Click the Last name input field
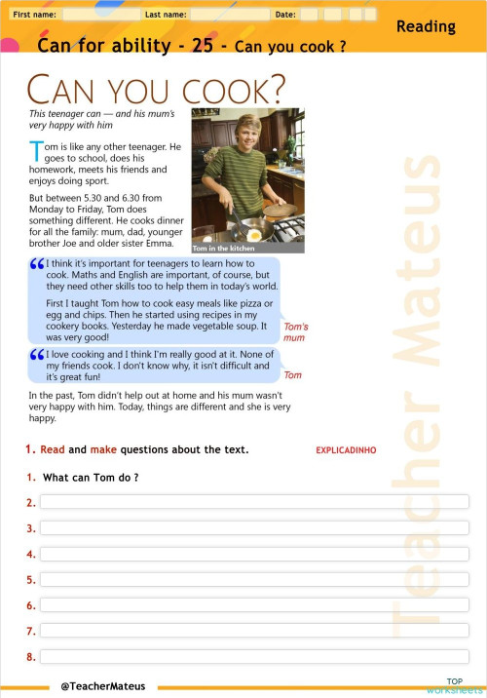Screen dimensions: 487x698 (230, 15)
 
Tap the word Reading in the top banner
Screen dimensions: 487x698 (426, 27)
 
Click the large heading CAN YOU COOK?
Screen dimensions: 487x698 (156, 90)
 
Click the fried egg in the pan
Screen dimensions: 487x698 (254, 235)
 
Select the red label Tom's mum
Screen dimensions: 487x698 (295, 332)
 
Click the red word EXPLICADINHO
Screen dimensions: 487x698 (346, 450)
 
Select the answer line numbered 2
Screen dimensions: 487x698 (253, 502)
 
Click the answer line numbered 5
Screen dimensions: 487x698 (253, 579)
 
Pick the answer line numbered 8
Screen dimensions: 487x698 (253, 656)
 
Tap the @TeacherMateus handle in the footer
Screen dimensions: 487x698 (102, 686)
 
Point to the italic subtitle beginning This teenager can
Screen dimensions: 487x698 (102, 119)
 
